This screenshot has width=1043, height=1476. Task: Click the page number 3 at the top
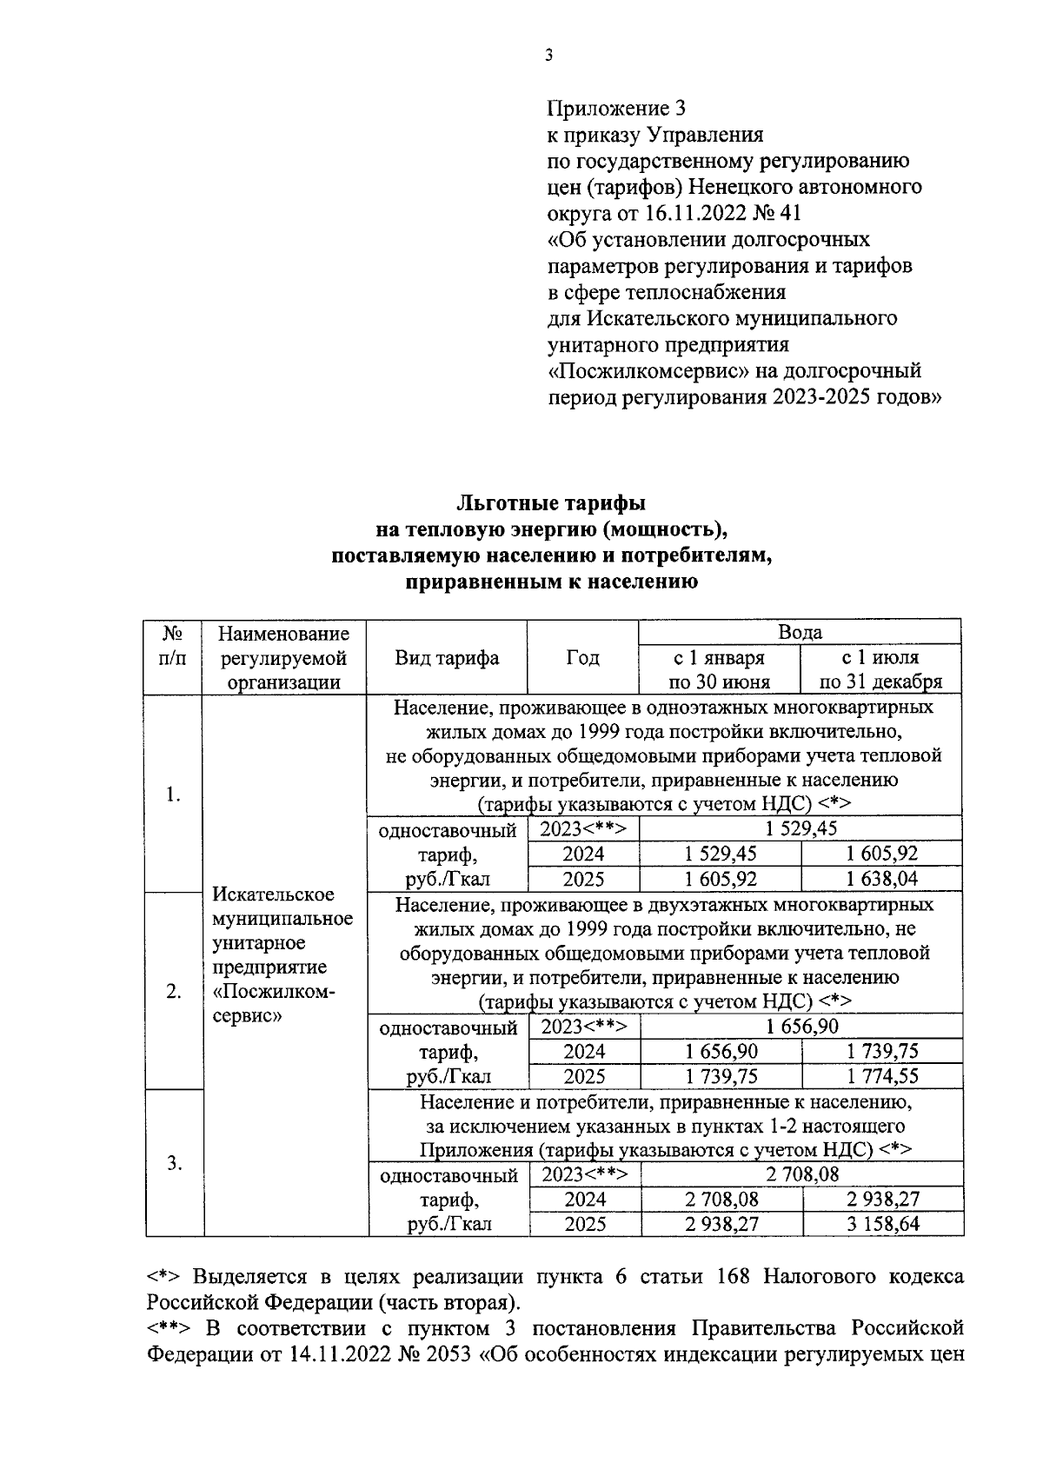pos(548,57)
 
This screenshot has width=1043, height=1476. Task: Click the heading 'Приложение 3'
pos(616,109)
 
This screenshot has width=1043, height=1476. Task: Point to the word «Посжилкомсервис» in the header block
pos(634,371)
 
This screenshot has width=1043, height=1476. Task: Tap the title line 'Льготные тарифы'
pos(551,503)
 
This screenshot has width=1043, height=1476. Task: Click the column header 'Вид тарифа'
pos(447,657)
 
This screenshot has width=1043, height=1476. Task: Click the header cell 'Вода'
pos(800,632)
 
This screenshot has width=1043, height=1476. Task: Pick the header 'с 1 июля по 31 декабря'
pos(880,669)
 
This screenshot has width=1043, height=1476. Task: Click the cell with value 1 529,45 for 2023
pos(801,828)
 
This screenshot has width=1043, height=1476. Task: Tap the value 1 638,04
pos(882,879)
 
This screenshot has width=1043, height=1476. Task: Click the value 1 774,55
pos(882,1076)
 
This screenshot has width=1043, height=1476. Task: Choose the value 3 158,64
pos(883,1224)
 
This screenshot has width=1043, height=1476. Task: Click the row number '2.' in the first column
pos(174,992)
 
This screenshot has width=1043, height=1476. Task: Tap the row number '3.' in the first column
pos(174,1163)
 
